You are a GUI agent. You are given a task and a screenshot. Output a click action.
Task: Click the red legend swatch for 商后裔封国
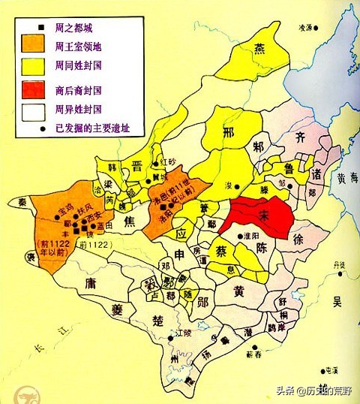(34, 90)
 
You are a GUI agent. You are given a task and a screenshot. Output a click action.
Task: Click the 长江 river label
(45, 345)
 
